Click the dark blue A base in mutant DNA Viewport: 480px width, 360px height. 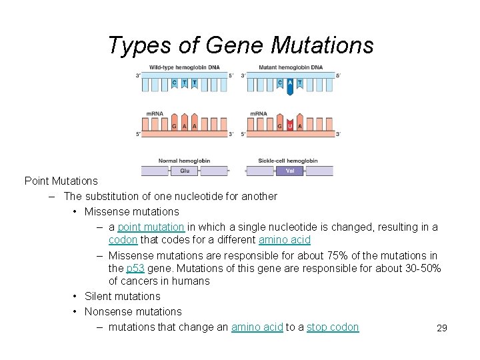pyautogui.click(x=290, y=85)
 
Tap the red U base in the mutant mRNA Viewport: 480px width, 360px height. pyautogui.click(x=290, y=125)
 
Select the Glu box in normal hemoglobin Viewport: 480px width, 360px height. pyautogui.click(x=185, y=171)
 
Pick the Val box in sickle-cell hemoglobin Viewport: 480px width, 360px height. pyautogui.click(x=290, y=171)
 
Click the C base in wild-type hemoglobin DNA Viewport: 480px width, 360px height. pyautogui.click(x=174, y=83)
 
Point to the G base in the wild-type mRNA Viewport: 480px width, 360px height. pyautogui.click(x=174, y=125)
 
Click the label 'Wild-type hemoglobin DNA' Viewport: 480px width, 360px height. pyautogui.click(x=184, y=67)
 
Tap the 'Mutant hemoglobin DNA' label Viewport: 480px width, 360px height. pyautogui.click(x=290, y=67)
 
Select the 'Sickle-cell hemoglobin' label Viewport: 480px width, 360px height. pyautogui.click(x=287, y=161)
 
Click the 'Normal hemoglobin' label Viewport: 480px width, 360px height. pyautogui.click(x=184, y=161)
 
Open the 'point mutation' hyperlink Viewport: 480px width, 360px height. pyautogui.click(x=151, y=227)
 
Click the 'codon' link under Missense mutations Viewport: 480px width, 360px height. pyautogui.click(x=123, y=240)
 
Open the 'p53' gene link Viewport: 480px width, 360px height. pyautogui.click(x=135, y=269)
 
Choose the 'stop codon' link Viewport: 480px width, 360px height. pyautogui.click(x=333, y=327)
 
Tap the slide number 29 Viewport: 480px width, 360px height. pyautogui.click(x=441, y=328)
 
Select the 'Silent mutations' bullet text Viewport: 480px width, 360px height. pyautogui.click(x=123, y=297)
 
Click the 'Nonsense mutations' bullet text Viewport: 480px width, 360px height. pyautogui.click(x=133, y=312)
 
